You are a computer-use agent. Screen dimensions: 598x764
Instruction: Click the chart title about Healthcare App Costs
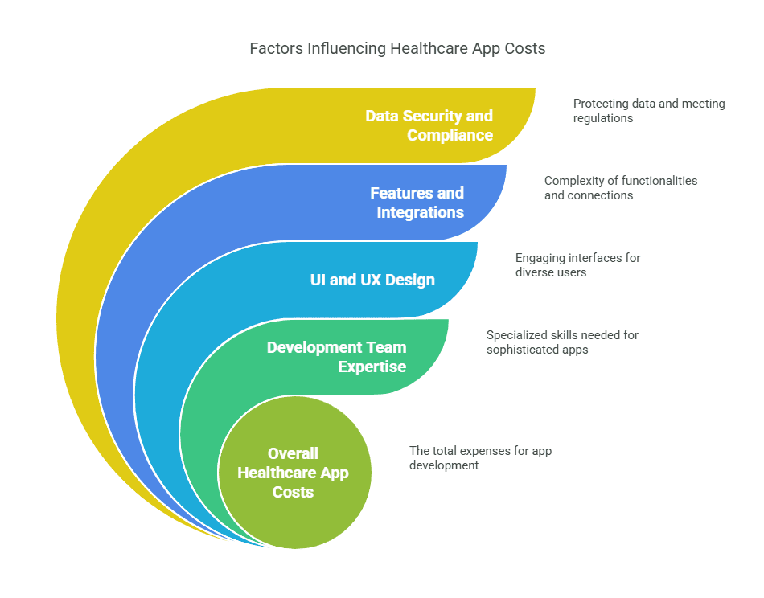click(397, 49)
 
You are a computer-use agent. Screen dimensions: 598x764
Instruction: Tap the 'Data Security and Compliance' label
click(429, 125)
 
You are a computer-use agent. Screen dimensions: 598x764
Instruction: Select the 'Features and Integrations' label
click(417, 203)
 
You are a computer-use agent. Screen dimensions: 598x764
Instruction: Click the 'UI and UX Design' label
click(372, 280)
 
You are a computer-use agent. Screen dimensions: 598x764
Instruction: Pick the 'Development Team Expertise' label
click(336, 357)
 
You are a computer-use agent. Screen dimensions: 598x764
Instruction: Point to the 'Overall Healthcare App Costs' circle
click(294, 473)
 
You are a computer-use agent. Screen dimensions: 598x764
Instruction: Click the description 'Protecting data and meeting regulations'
click(649, 111)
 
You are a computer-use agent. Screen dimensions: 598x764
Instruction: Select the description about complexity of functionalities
click(621, 188)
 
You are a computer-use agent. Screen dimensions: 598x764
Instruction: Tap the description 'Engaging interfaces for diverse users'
click(577, 265)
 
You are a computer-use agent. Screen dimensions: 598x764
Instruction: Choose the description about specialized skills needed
click(562, 342)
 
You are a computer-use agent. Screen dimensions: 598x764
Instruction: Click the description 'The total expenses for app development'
click(480, 458)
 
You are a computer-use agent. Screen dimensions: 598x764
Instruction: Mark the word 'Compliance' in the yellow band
click(450, 135)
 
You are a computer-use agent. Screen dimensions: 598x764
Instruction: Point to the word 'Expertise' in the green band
click(372, 367)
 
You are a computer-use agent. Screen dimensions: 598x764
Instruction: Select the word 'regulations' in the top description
click(603, 118)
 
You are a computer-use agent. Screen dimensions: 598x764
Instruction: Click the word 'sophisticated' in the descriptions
click(521, 350)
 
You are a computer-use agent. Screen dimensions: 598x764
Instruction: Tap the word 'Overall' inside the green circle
click(293, 453)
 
